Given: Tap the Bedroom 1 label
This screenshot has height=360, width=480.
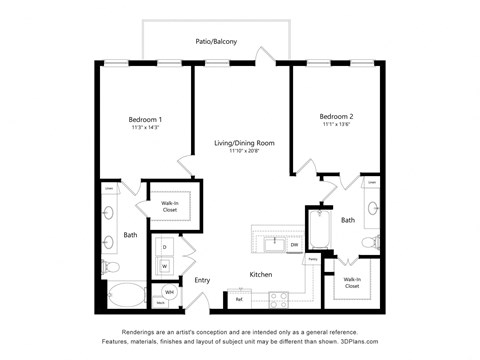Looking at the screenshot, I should coord(146,120).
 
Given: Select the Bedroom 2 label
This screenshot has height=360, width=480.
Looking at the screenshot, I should coord(336,116).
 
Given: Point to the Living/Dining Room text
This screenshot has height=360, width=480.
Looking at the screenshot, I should coord(244,143).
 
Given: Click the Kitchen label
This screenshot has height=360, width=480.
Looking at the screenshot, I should coord(261,273).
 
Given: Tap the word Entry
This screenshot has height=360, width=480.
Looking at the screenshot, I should coord(202,280).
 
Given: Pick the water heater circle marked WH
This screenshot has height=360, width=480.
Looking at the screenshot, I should coord(169,292).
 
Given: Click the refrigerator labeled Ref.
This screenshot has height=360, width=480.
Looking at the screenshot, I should coord(240,298).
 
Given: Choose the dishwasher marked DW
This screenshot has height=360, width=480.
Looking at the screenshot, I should coord(294,244).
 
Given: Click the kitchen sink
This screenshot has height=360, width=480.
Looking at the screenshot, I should coord(271,243).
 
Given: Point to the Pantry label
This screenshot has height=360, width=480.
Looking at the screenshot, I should coord(313,259).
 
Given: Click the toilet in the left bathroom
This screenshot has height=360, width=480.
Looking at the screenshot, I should coord(110,268).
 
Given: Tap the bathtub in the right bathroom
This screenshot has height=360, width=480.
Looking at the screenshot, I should coord(319,230).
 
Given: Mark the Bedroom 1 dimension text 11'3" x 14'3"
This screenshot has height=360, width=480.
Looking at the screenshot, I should coord(146,128).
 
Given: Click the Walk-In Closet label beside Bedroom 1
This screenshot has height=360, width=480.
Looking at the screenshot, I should coord(169,207).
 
